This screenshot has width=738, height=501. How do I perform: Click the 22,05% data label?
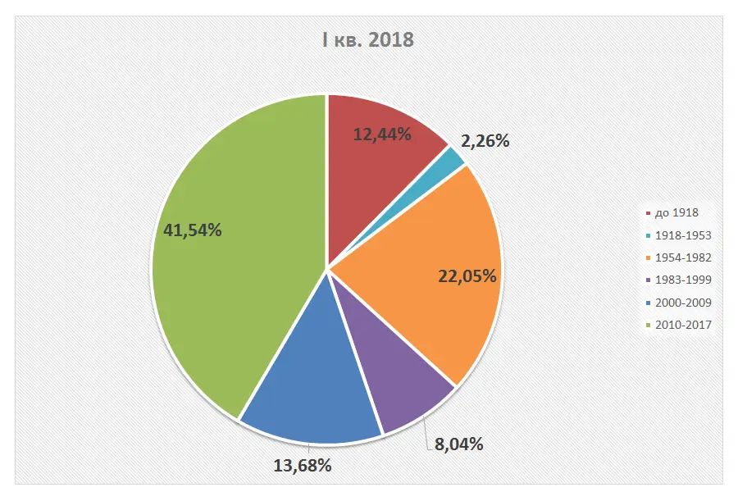tap(467, 276)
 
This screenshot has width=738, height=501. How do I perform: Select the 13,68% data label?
tap(302, 466)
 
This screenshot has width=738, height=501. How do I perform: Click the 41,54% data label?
tap(193, 230)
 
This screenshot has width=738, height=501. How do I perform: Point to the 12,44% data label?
tap(382, 134)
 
